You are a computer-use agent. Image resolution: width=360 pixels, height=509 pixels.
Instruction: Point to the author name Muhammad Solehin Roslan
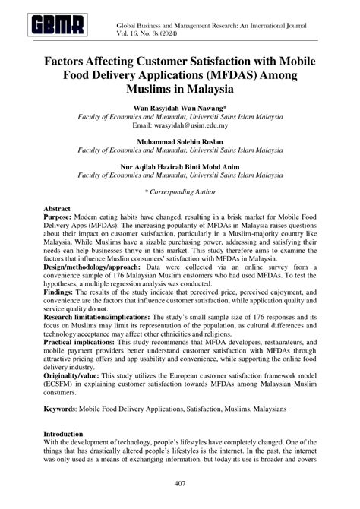tap(180, 142)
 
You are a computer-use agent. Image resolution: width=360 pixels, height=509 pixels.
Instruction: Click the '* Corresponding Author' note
tap(180, 194)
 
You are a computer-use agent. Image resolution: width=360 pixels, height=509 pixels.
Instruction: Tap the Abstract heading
tap(58, 207)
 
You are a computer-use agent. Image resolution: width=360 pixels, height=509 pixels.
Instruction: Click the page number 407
tap(180, 484)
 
